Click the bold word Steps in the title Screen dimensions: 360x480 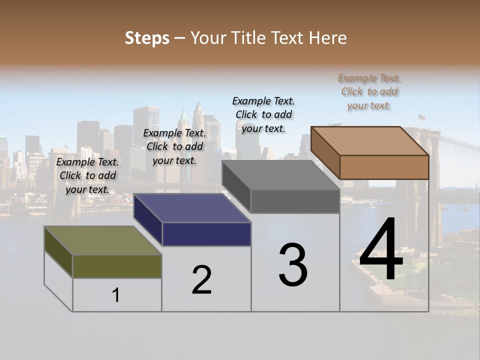click(x=147, y=38)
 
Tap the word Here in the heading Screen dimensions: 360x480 click(x=328, y=38)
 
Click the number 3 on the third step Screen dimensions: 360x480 click(x=293, y=264)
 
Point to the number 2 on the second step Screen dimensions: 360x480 click(x=201, y=279)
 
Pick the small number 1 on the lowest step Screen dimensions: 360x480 click(x=116, y=295)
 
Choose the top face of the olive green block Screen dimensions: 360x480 click(x=103, y=240)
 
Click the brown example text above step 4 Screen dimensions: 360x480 click(x=369, y=91)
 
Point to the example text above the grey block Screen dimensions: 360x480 click(x=263, y=114)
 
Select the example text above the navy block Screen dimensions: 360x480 click(x=174, y=146)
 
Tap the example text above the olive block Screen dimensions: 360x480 click(x=87, y=175)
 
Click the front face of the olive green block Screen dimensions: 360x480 click(x=117, y=266)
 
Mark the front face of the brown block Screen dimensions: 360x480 click(x=384, y=167)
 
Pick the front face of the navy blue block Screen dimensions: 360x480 click(x=206, y=234)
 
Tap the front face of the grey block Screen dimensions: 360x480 click(x=295, y=201)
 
